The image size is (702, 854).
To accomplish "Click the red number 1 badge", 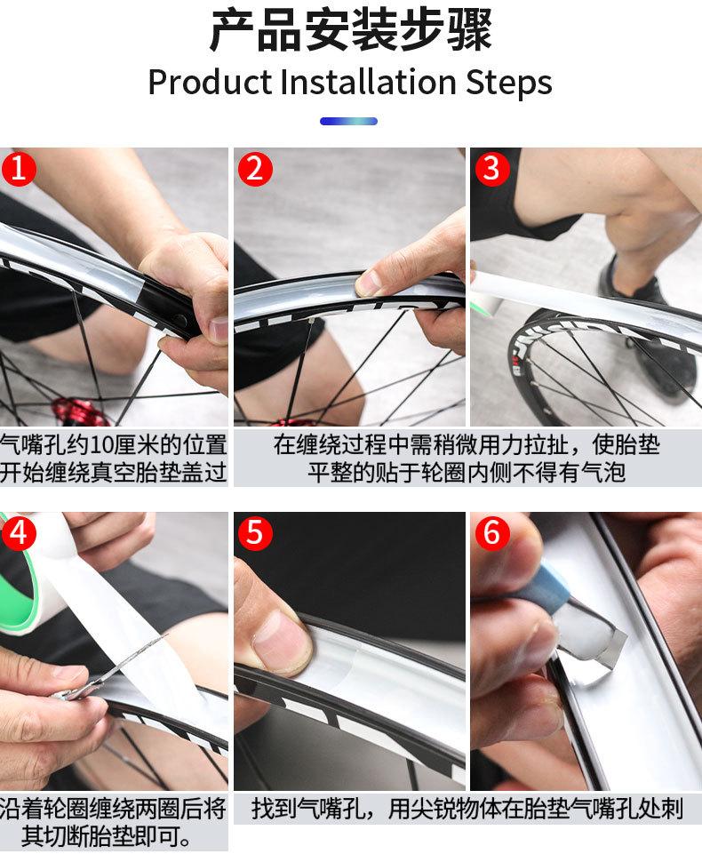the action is (x=19, y=168).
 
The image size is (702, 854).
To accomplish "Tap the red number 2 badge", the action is (x=255, y=168).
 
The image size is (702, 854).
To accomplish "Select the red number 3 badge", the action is (x=491, y=168).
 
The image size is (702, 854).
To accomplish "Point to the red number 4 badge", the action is (x=19, y=532).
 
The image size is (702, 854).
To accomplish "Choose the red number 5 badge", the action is (x=255, y=532).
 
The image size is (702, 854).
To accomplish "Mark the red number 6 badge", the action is (x=491, y=532).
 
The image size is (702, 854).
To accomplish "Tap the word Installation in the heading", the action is (x=368, y=83).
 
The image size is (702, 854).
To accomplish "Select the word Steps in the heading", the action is (x=508, y=84).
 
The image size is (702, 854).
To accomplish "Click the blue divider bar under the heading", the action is (x=348, y=121).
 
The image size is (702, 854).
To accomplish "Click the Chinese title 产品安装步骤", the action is (x=351, y=30).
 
